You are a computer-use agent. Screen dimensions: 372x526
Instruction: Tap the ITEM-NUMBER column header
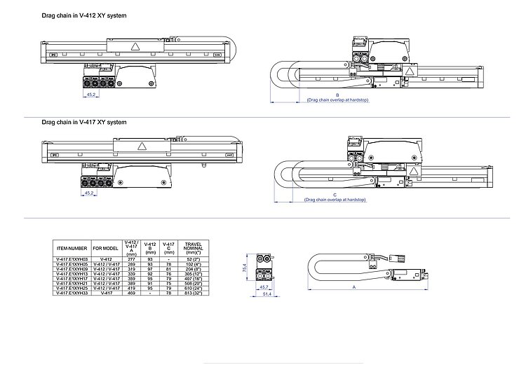click(x=72, y=247)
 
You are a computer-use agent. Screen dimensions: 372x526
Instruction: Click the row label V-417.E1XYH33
click(x=72, y=294)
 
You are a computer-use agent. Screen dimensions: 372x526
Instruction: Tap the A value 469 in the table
click(x=131, y=294)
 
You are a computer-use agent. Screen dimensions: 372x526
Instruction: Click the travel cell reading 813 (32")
click(x=191, y=294)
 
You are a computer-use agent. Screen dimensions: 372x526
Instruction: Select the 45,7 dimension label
click(x=264, y=287)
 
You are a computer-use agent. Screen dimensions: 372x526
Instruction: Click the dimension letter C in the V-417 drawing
click(x=335, y=194)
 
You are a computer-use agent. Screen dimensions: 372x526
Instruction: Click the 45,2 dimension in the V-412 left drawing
click(x=90, y=93)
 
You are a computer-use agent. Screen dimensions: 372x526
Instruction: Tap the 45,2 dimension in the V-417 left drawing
click(x=89, y=192)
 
